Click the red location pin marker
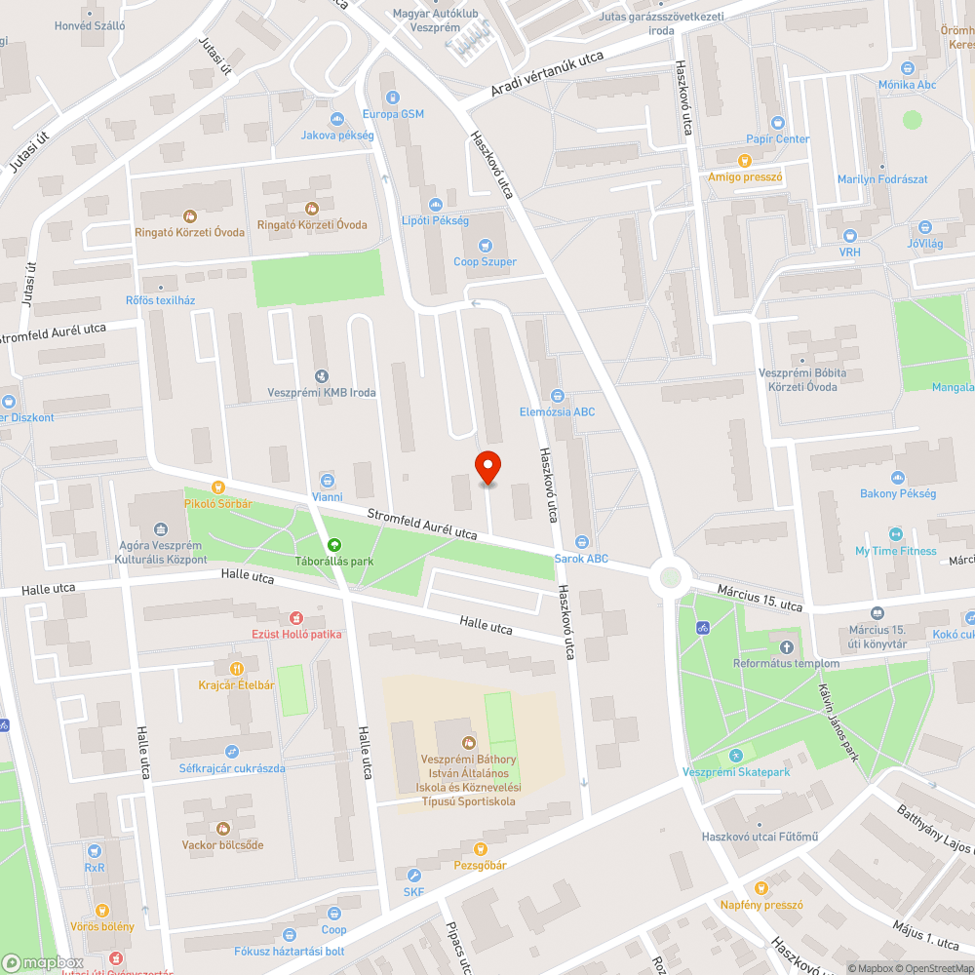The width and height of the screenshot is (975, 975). tap(487, 468)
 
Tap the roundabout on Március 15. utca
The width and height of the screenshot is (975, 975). tap(670, 576)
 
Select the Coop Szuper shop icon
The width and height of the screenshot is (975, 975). tap(485, 246)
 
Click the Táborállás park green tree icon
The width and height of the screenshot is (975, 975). tap(334, 546)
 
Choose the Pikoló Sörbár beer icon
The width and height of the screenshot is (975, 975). tap(218, 487)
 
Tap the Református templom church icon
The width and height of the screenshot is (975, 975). tap(787, 647)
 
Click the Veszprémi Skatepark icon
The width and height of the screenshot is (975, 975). tap(736, 756)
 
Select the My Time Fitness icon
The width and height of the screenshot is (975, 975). tap(895, 534)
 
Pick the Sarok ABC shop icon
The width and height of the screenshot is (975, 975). tap(581, 542)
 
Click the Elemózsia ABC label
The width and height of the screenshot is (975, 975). tap(557, 411)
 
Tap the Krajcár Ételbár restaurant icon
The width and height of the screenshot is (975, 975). tap(236, 669)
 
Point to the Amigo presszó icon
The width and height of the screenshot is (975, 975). tap(746, 161)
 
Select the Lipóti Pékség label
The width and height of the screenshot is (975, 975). tap(436, 221)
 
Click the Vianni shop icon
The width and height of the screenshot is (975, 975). tap(327, 480)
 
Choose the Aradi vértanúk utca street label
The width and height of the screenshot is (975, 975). tap(534, 76)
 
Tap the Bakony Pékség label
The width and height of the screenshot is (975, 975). tap(897, 493)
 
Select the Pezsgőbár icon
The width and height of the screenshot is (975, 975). tap(479, 849)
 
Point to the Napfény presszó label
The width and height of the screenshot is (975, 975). tap(760, 905)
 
